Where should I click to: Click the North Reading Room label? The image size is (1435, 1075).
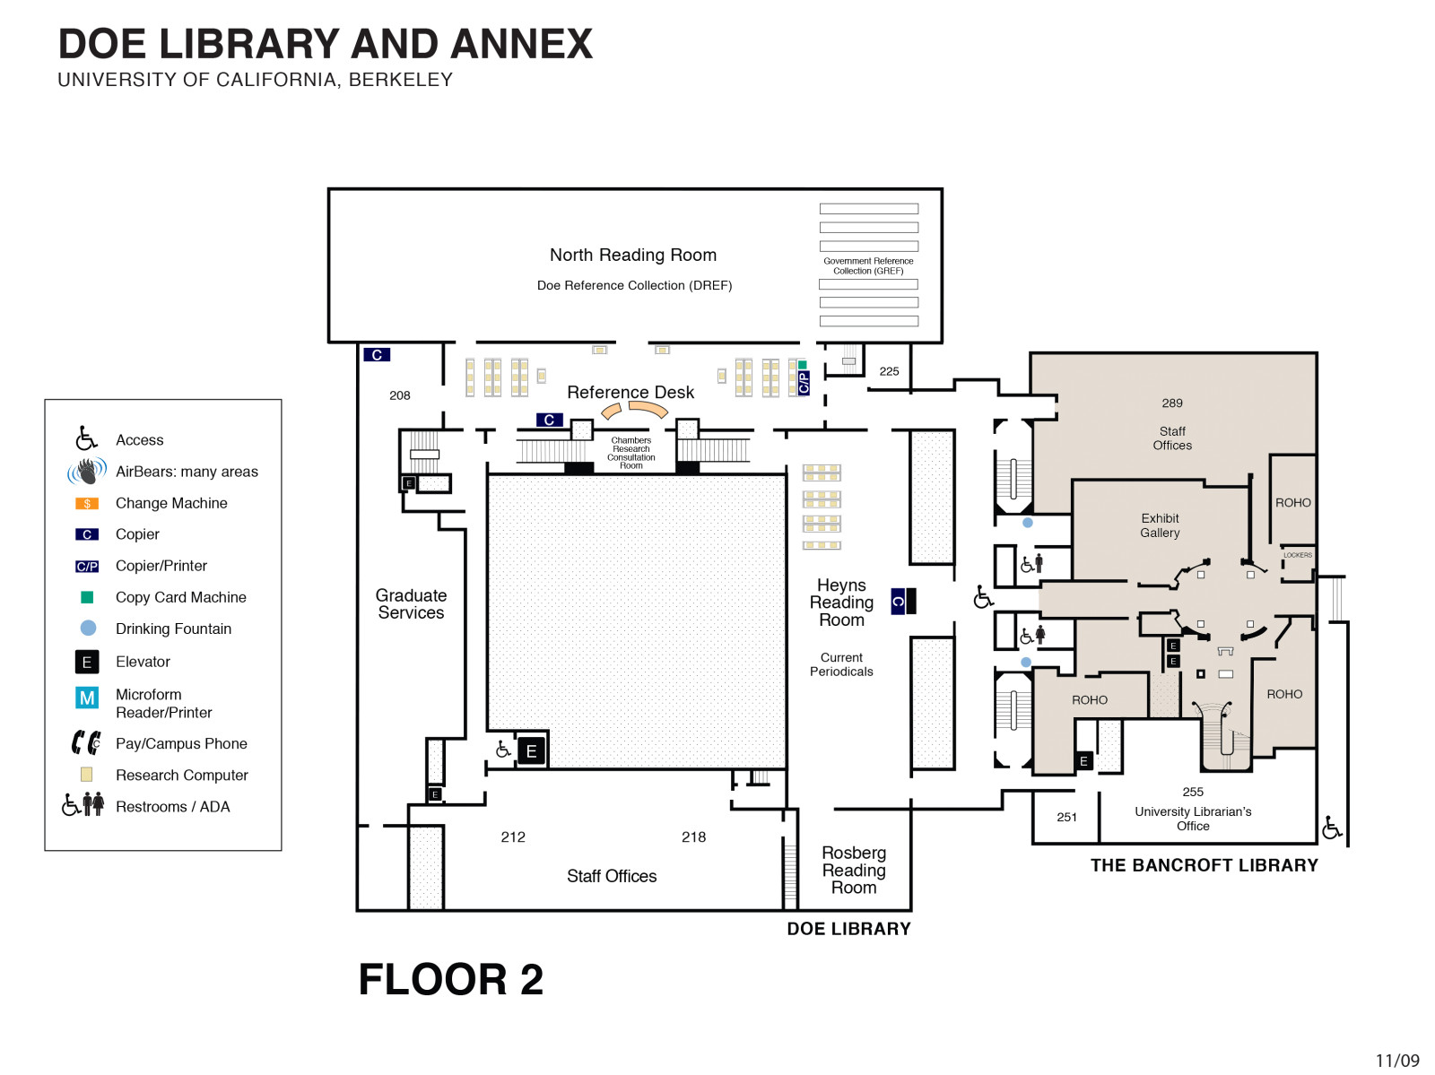632,256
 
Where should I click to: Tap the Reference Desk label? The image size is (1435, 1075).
631,393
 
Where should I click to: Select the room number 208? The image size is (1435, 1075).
400,395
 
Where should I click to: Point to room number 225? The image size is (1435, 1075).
889,371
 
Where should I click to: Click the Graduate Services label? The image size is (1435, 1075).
411,604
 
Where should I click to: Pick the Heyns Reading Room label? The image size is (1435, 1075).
841,603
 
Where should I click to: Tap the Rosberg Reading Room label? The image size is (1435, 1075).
854,870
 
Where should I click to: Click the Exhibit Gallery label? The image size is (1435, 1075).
1160,525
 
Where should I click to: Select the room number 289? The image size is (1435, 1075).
1172,403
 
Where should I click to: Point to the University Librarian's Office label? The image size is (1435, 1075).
1193,819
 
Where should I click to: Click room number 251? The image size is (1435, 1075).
1066,817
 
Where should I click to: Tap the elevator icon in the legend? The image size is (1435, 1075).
87,662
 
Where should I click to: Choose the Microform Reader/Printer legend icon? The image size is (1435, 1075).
87,698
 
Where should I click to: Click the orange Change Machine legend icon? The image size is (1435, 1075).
87,504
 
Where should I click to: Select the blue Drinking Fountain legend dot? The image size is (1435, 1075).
88,629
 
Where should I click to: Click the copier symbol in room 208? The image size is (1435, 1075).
377,355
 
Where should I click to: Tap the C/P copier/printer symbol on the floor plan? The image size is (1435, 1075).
804,383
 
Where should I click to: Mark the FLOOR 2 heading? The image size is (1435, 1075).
451,979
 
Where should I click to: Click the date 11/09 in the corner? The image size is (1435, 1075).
1397,1061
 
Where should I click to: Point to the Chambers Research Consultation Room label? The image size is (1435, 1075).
631,453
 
